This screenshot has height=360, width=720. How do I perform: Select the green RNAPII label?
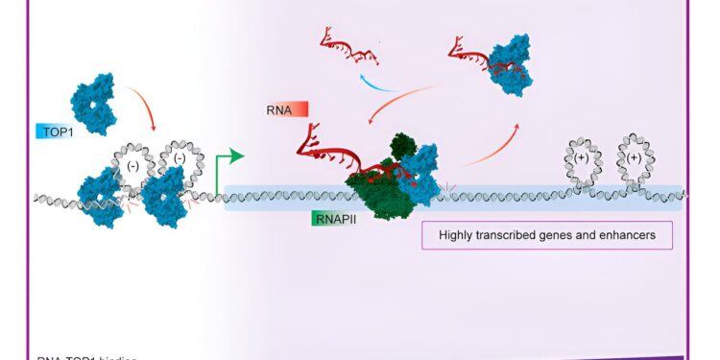click(x=333, y=219)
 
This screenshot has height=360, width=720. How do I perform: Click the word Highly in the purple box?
click(x=460, y=235)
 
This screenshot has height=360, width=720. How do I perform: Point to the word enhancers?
click(x=627, y=235)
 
